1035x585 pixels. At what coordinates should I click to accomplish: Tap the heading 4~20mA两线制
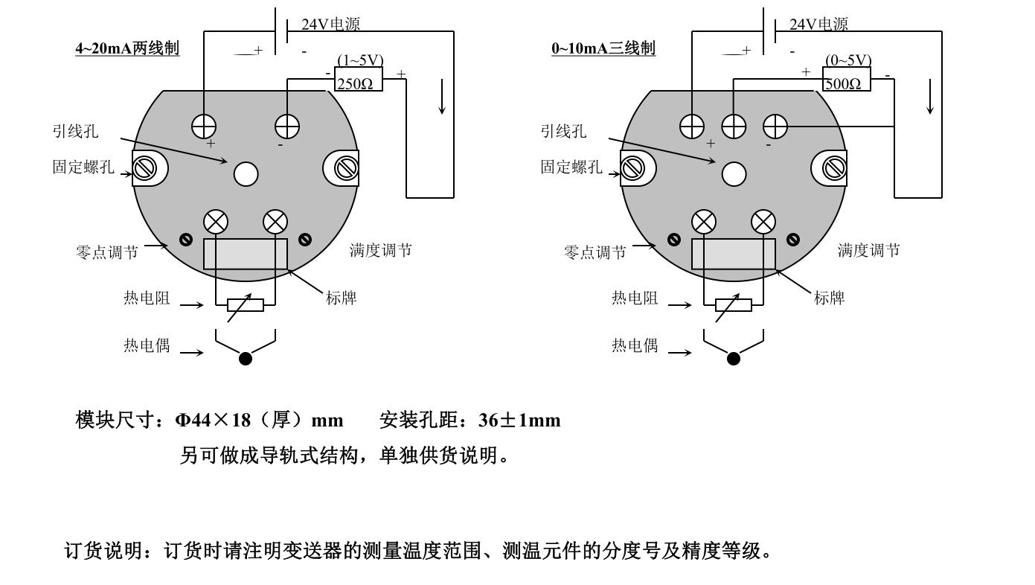tap(127, 48)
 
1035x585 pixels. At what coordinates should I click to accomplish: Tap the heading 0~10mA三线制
tap(603, 48)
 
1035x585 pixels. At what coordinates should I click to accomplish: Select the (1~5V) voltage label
tap(360, 60)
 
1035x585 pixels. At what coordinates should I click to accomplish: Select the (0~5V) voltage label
tap(848, 60)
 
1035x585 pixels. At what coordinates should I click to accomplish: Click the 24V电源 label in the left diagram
tap(330, 24)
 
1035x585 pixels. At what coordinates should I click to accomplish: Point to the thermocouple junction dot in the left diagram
tap(246, 359)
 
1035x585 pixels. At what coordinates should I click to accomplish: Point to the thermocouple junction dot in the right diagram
tap(734, 359)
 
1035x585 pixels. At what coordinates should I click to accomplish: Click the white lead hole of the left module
tap(246, 174)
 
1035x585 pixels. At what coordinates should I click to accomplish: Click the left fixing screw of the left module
tap(144, 168)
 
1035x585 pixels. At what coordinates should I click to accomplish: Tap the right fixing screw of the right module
tap(835, 168)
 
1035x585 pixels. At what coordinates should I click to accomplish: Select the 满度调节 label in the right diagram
tap(869, 251)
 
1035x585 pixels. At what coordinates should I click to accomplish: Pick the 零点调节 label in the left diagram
tap(107, 252)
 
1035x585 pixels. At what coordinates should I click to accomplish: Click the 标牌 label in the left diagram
tap(342, 298)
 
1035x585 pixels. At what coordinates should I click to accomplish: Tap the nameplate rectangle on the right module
tap(734, 254)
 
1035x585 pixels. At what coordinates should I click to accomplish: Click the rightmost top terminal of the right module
tap(775, 127)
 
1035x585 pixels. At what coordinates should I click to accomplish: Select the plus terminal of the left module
tap(204, 127)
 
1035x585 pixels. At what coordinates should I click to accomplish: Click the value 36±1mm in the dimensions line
tap(519, 421)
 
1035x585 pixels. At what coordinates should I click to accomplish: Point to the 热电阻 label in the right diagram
tap(635, 298)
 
